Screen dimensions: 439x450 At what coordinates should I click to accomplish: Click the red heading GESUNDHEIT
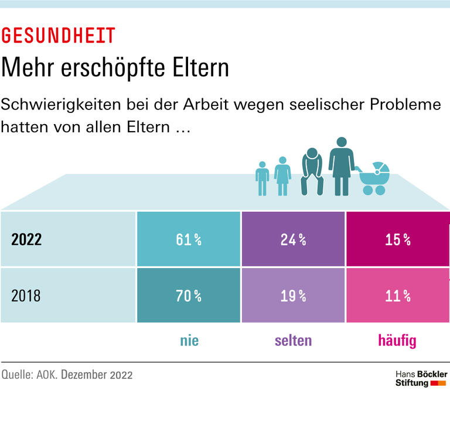(58, 36)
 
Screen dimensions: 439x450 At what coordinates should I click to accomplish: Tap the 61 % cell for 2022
(189, 239)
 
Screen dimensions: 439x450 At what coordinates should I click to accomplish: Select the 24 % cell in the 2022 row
(293, 239)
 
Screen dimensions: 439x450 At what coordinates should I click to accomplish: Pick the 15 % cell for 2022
(397, 239)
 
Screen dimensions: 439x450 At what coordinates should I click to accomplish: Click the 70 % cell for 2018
(189, 296)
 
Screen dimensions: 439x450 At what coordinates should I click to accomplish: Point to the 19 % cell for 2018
(293, 296)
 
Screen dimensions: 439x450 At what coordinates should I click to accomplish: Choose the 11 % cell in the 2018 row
(397, 296)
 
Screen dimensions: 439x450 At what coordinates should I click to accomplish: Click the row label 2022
(27, 239)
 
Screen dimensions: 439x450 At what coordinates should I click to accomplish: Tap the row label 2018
(26, 296)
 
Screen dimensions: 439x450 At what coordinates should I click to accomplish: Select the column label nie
(189, 341)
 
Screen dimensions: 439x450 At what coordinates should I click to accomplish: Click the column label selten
(293, 341)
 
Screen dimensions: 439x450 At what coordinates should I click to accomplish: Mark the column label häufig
(397, 341)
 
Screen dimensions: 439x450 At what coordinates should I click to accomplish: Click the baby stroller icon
(374, 179)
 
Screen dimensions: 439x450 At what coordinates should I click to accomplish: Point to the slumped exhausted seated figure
(312, 172)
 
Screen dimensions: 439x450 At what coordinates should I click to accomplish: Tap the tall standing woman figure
(341, 167)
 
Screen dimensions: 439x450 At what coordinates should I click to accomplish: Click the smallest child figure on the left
(262, 179)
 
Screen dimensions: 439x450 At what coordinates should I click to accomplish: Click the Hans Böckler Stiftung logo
(421, 379)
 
